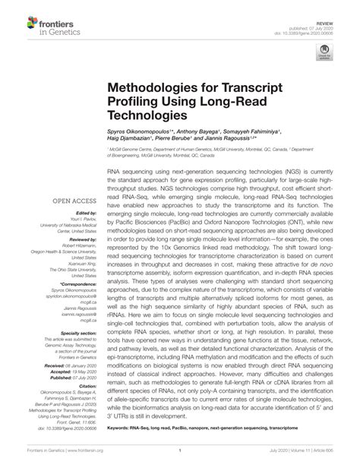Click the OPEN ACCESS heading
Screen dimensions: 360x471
pyautogui.click(x=74, y=201)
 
